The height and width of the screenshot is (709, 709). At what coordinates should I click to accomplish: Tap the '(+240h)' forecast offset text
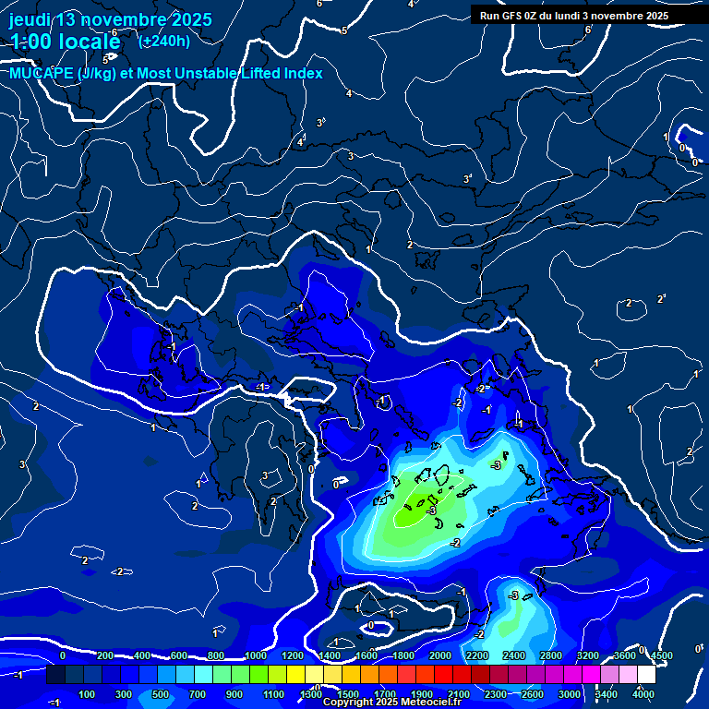tap(164, 41)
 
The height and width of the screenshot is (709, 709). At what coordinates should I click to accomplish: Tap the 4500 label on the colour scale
tap(661, 655)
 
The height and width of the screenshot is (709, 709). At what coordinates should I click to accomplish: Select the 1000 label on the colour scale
tap(256, 655)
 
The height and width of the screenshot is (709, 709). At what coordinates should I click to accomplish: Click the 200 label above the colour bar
tap(105, 655)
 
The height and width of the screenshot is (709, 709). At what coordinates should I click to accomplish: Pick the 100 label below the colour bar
tap(88, 694)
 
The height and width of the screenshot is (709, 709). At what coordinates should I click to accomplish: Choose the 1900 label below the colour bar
tap(422, 694)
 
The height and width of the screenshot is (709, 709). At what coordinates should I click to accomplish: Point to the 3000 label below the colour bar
tap(570, 694)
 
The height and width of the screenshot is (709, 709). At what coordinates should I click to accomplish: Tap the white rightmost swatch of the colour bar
tap(653, 676)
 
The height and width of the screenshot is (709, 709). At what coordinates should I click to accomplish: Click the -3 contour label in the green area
tap(430, 510)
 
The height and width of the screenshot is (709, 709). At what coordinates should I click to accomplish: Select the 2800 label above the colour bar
tap(551, 655)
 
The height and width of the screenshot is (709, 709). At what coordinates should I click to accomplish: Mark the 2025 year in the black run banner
tap(656, 16)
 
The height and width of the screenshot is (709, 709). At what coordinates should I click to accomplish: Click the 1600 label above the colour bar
tap(367, 655)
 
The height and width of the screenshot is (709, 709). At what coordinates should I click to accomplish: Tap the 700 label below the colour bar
tap(198, 694)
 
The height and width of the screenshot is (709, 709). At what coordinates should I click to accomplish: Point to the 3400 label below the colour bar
tap(607, 694)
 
